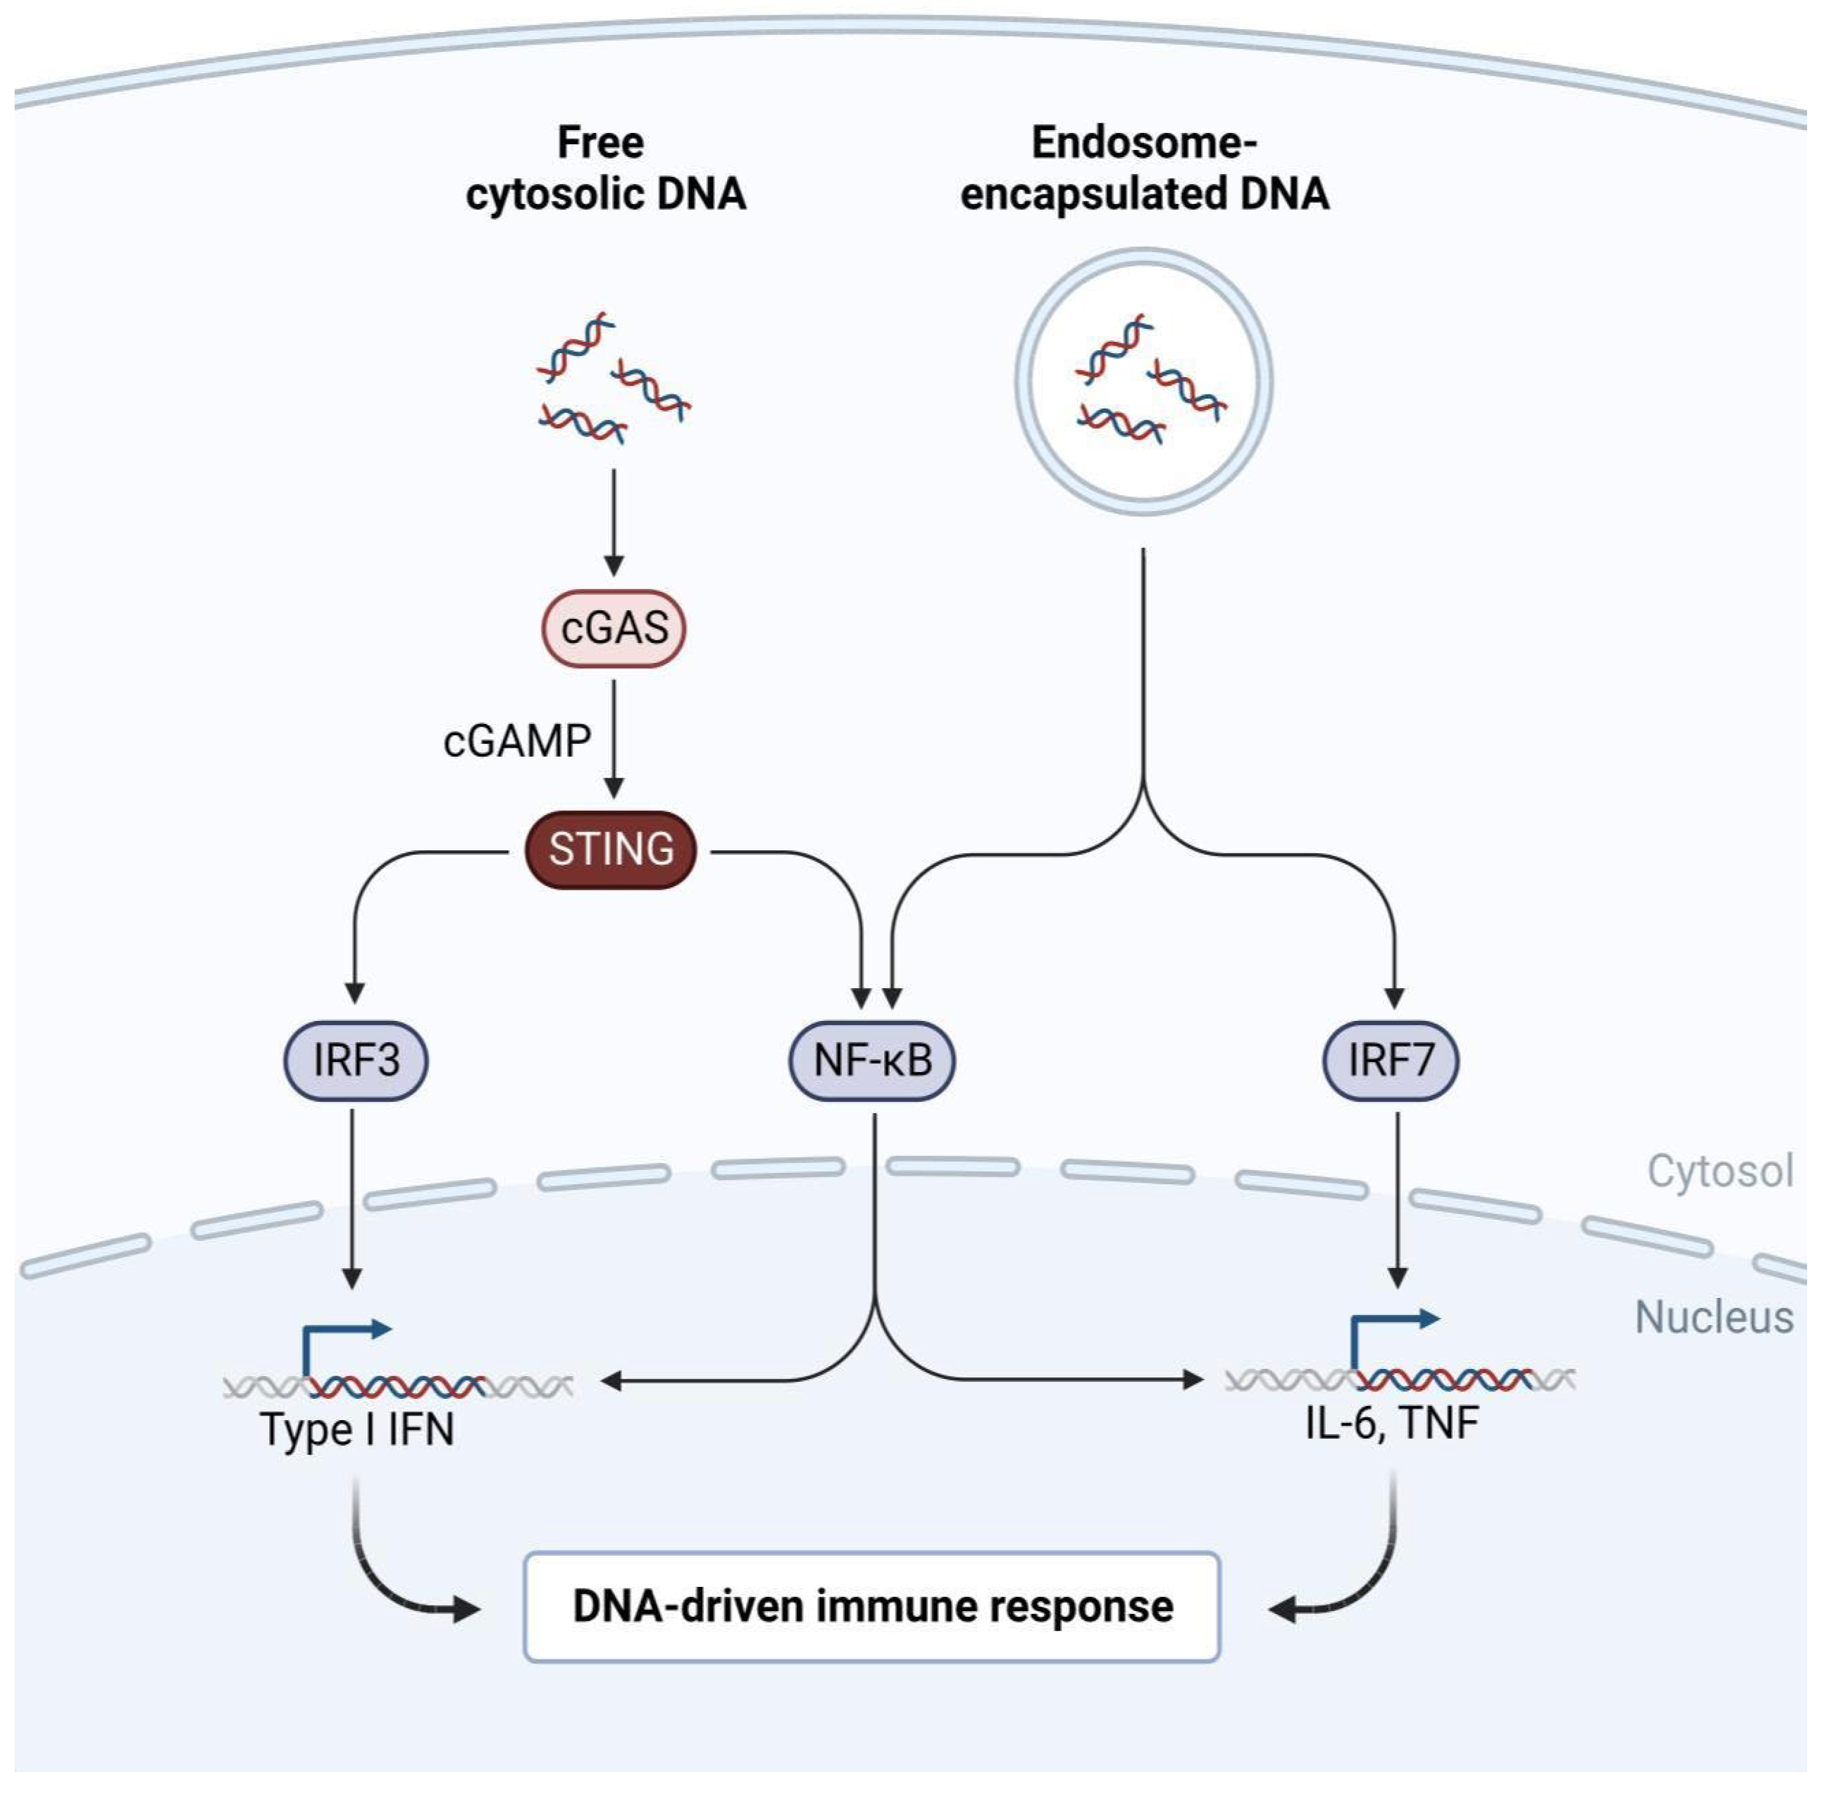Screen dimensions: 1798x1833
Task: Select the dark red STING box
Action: click(x=611, y=849)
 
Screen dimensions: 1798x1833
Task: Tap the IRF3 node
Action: click(x=356, y=1060)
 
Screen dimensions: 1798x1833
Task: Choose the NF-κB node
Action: click(x=872, y=1060)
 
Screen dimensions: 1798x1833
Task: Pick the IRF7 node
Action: click(x=1390, y=1060)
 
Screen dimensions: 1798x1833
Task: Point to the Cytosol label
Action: click(x=1719, y=1171)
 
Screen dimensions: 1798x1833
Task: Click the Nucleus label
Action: click(x=1713, y=1317)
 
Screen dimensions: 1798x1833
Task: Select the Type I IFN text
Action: click(x=357, y=1429)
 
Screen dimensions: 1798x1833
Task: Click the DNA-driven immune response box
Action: click(x=872, y=1607)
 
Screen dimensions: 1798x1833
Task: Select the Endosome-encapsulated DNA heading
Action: click(x=1144, y=168)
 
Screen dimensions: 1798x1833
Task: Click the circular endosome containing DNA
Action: click(x=1144, y=382)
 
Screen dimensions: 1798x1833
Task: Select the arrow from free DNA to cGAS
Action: click(x=614, y=522)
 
